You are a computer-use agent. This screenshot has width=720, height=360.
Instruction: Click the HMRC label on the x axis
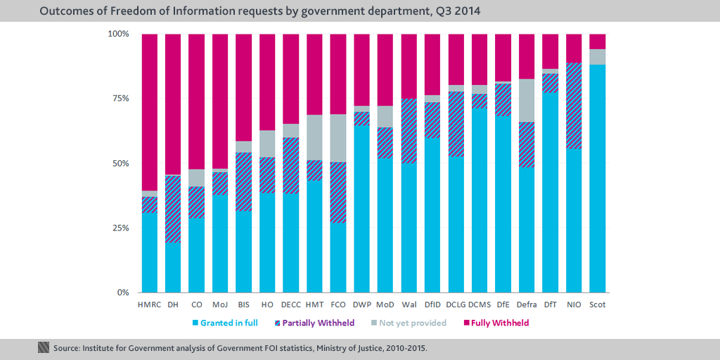click(150, 304)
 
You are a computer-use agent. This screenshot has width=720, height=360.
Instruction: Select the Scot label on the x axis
click(598, 304)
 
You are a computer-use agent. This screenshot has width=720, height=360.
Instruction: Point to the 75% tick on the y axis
click(119, 98)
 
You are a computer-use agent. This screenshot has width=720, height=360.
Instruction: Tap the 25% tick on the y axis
click(119, 228)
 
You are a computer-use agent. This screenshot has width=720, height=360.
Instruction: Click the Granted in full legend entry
click(224, 323)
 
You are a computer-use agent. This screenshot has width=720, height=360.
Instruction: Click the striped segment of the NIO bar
click(574, 105)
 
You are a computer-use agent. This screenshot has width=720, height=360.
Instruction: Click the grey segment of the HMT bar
click(314, 137)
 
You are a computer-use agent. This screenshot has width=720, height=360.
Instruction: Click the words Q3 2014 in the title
click(457, 11)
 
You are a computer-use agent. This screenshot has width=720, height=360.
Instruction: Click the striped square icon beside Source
click(44, 347)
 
